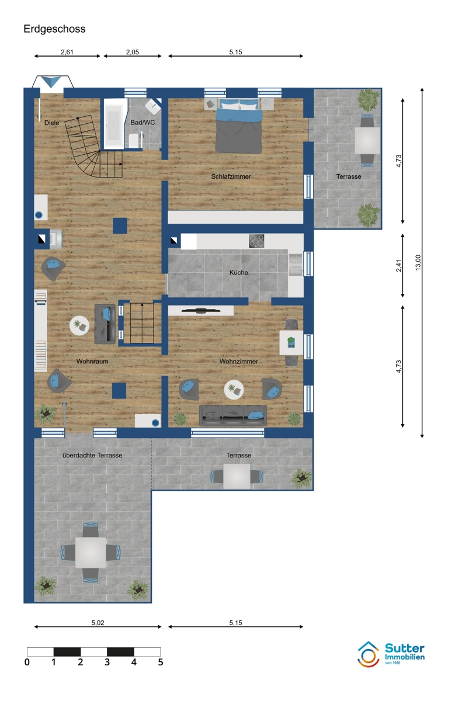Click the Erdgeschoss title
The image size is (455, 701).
[x=54, y=29]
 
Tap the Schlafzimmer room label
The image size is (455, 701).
[x=231, y=176]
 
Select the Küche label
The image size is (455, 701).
[x=238, y=273]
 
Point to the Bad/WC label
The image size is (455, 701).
[x=143, y=122]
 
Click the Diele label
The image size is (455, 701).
[x=51, y=123]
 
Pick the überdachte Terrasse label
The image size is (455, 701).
[x=92, y=455]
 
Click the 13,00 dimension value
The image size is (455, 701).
[x=418, y=262]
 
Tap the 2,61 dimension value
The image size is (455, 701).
[x=67, y=52]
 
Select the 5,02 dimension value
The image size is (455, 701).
[x=98, y=623]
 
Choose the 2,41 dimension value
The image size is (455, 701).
[x=398, y=266]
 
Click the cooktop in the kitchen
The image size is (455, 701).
[x=256, y=241]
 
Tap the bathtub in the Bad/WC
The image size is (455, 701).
[x=113, y=124]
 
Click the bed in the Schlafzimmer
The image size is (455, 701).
[x=239, y=126]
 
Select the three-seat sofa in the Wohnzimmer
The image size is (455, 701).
[x=233, y=415]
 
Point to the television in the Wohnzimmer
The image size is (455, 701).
[x=201, y=310]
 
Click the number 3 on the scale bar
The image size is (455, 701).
[x=107, y=662]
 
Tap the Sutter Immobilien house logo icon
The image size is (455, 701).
[x=369, y=654]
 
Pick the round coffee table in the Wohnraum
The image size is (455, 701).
[x=79, y=326]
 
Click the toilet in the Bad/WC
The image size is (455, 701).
[x=134, y=141]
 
